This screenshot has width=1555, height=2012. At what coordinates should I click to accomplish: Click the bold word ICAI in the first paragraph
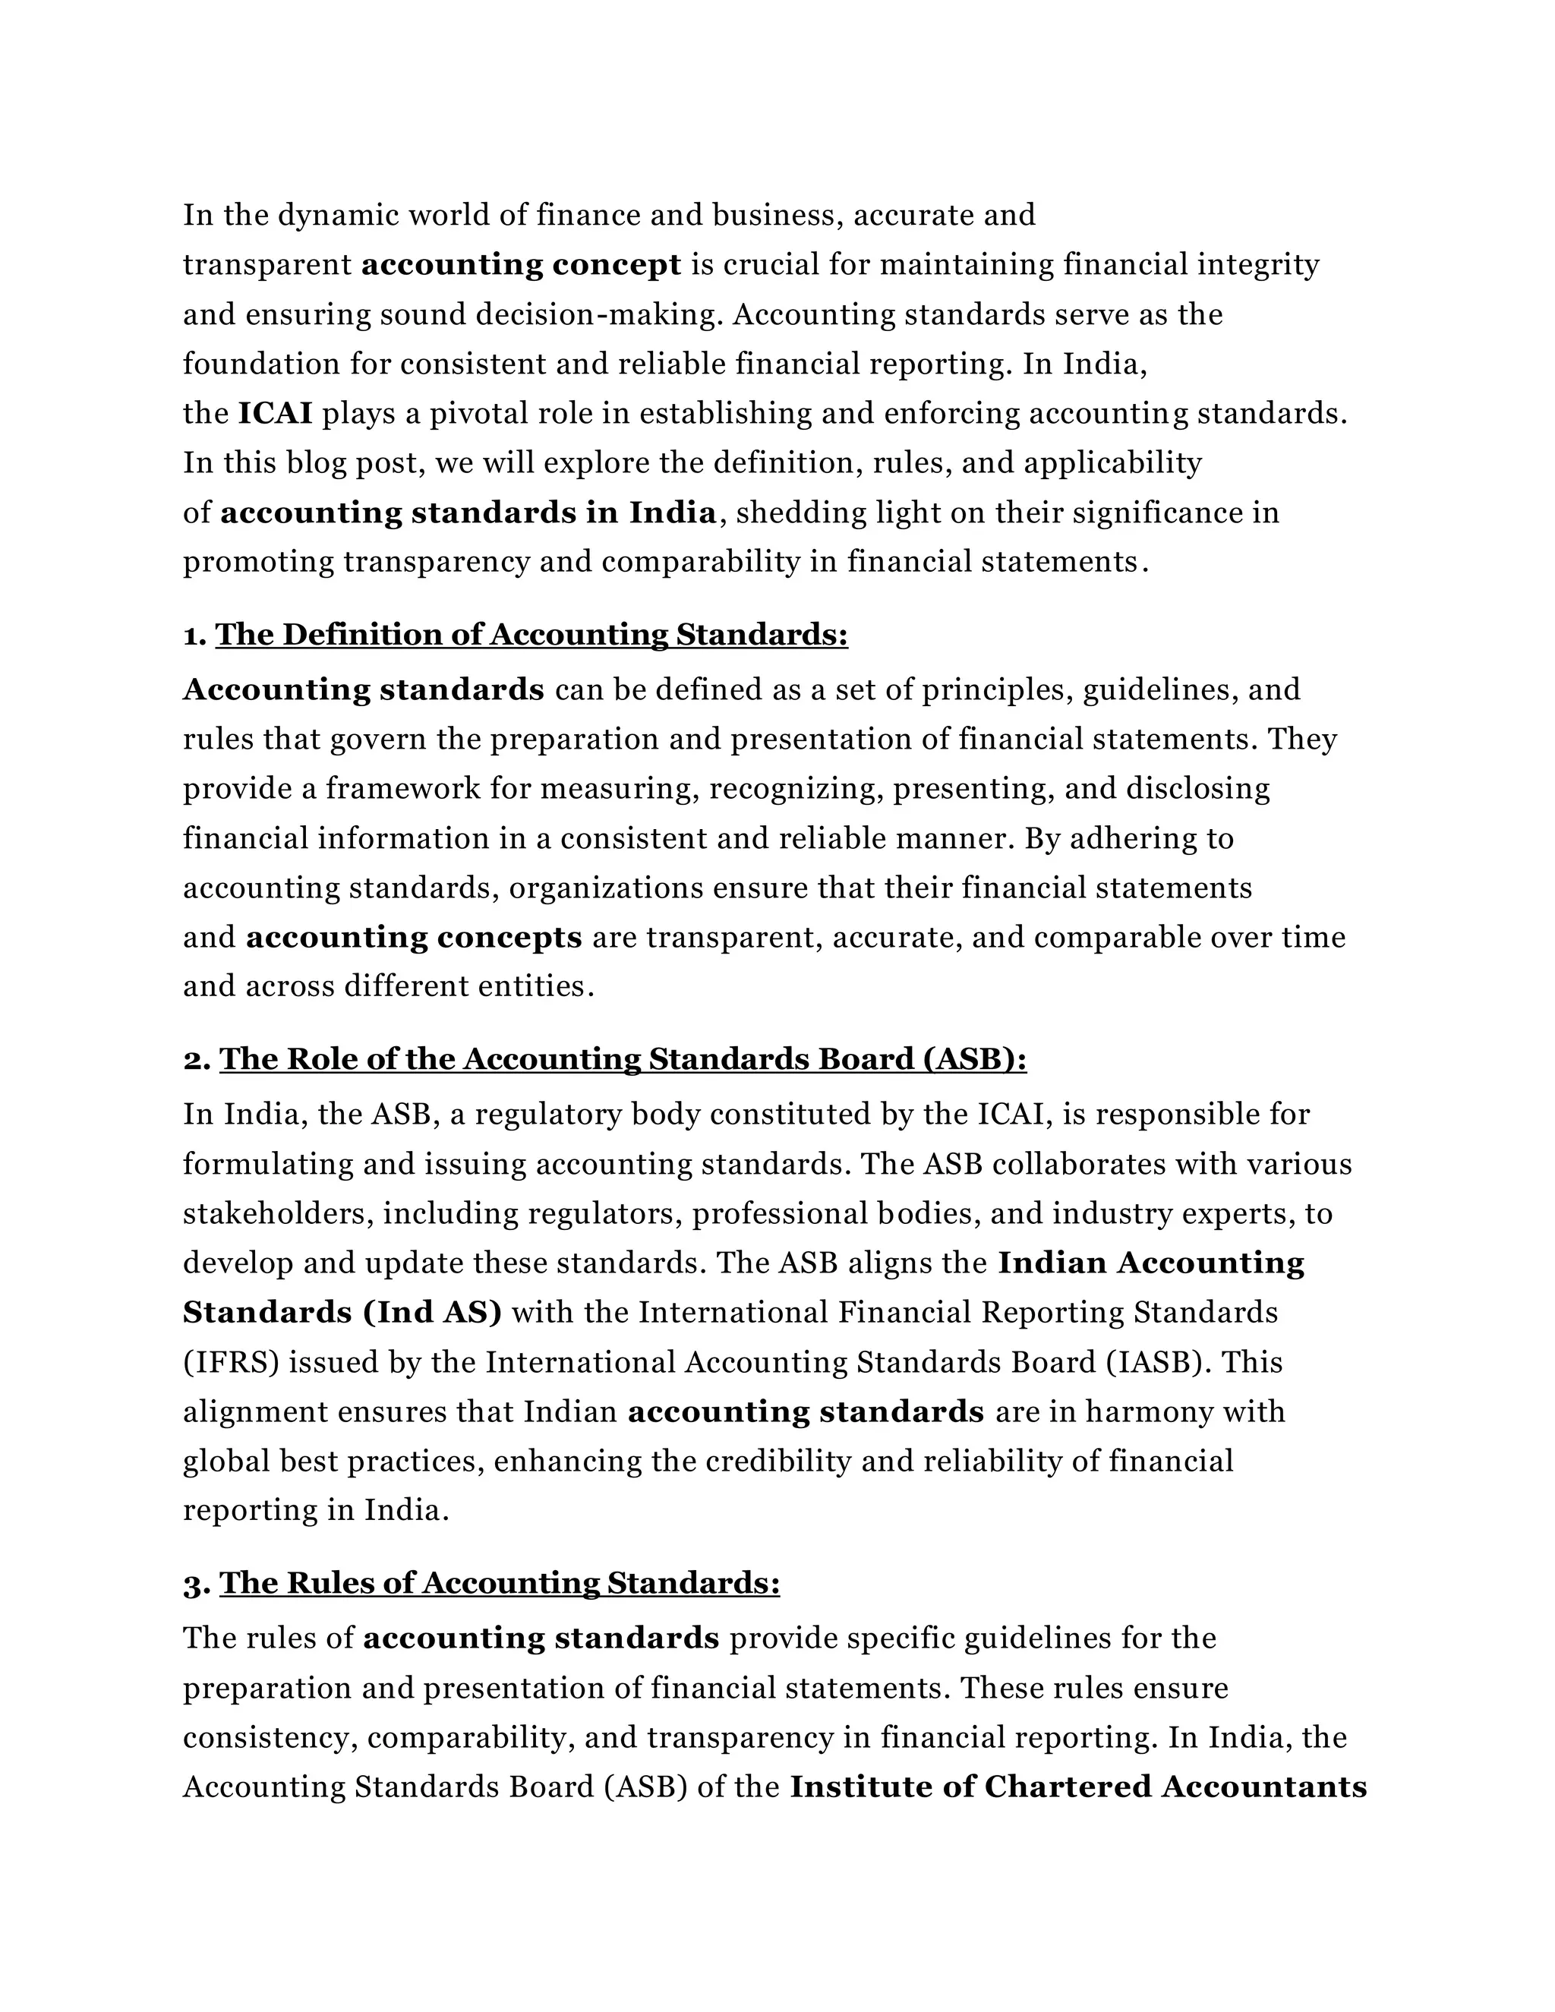click(x=275, y=414)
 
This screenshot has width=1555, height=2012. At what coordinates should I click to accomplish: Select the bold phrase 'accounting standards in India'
click(x=468, y=512)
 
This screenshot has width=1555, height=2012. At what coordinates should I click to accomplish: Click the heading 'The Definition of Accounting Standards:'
click(x=531, y=635)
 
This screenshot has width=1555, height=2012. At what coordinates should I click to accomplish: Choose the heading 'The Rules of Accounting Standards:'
click(x=500, y=1584)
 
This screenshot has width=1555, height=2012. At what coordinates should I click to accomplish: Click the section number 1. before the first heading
click(x=194, y=635)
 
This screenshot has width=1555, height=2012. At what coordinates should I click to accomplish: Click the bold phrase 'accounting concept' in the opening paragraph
click(x=520, y=265)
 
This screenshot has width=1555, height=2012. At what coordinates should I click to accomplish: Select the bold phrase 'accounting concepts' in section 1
click(x=414, y=938)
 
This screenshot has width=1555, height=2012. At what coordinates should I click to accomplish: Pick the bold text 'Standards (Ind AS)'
click(x=342, y=1313)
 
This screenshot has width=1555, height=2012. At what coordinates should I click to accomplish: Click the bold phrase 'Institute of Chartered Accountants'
click(x=1078, y=1787)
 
